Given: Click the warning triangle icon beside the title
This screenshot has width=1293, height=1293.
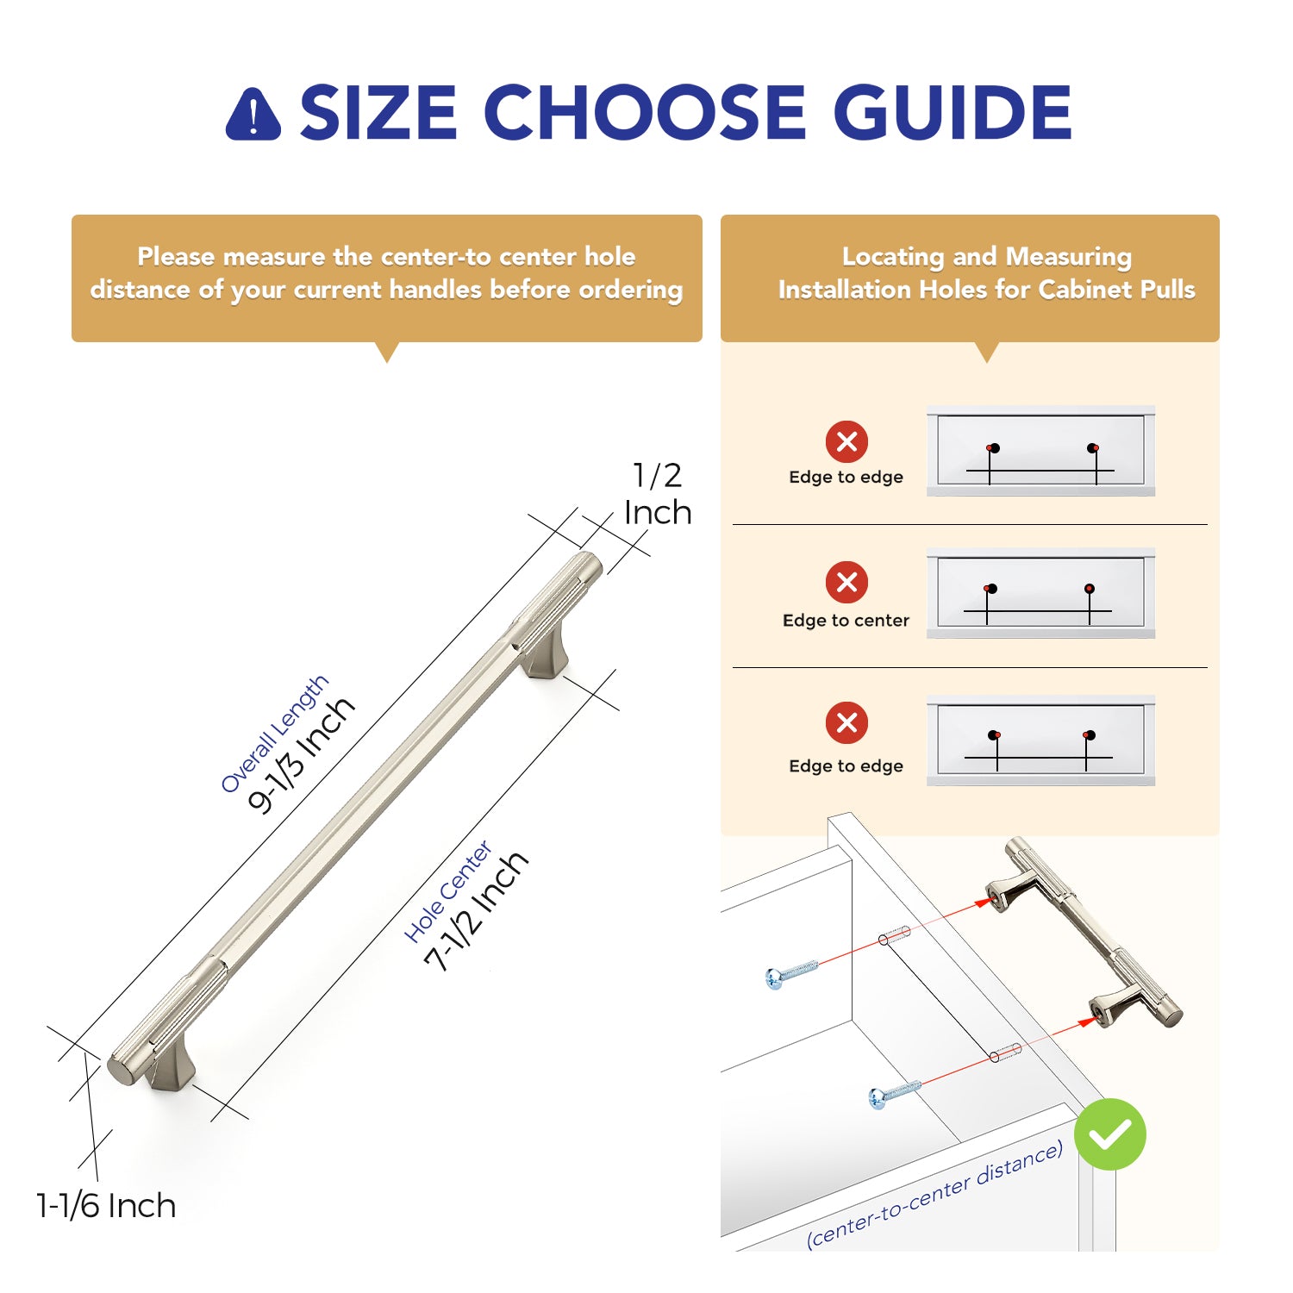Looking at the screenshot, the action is (253, 114).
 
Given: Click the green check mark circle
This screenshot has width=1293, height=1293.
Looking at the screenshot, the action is (1110, 1134).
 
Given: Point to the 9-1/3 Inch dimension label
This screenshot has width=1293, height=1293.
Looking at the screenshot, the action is (301, 754).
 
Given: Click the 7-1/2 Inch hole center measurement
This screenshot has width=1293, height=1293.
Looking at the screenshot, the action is (476, 911).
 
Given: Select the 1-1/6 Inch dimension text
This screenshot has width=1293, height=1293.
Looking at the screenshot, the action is (106, 1205).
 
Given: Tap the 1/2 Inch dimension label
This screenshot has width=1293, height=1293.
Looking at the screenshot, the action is (658, 494).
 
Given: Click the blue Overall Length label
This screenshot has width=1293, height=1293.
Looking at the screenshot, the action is (274, 734).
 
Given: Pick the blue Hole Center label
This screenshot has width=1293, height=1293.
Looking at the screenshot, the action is (448, 891).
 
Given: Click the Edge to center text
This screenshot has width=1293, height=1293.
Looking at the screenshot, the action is (846, 621).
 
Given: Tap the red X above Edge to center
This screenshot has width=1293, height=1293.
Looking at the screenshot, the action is (847, 582).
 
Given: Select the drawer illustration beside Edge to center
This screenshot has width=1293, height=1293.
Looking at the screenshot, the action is (1040, 593).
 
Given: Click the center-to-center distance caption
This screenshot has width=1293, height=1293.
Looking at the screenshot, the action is (934, 1194).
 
